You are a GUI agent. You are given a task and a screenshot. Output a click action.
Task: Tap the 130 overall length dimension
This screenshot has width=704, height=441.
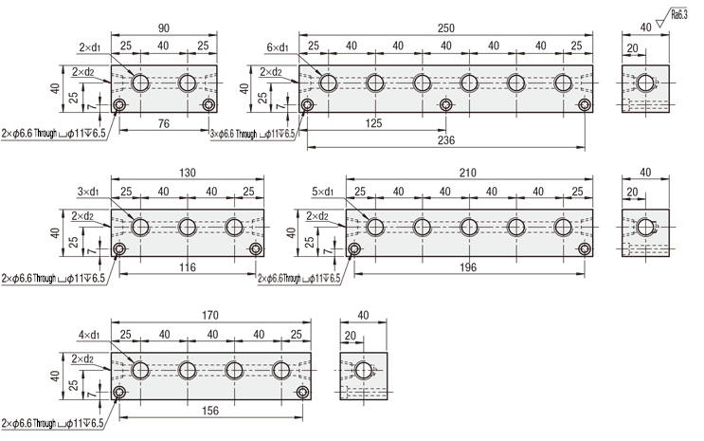[x=188, y=173]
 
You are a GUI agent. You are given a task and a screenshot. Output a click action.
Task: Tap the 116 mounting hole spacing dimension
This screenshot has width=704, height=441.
[x=188, y=268]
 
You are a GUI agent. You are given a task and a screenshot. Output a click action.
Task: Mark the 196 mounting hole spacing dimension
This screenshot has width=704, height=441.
[x=470, y=268]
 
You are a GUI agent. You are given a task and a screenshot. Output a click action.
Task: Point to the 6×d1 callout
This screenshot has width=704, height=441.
[x=278, y=47]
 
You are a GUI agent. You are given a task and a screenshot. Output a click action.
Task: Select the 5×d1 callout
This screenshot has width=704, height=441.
[x=325, y=192]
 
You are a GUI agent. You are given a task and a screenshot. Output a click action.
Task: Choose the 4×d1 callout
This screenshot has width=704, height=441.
[x=90, y=334]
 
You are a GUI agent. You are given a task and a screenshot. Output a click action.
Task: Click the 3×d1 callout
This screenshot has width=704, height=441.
[x=90, y=192]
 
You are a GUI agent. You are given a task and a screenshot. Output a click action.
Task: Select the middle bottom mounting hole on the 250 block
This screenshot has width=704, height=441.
[x=445, y=104]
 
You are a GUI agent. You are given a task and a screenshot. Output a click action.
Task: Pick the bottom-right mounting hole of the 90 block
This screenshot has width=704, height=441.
[x=209, y=104]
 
